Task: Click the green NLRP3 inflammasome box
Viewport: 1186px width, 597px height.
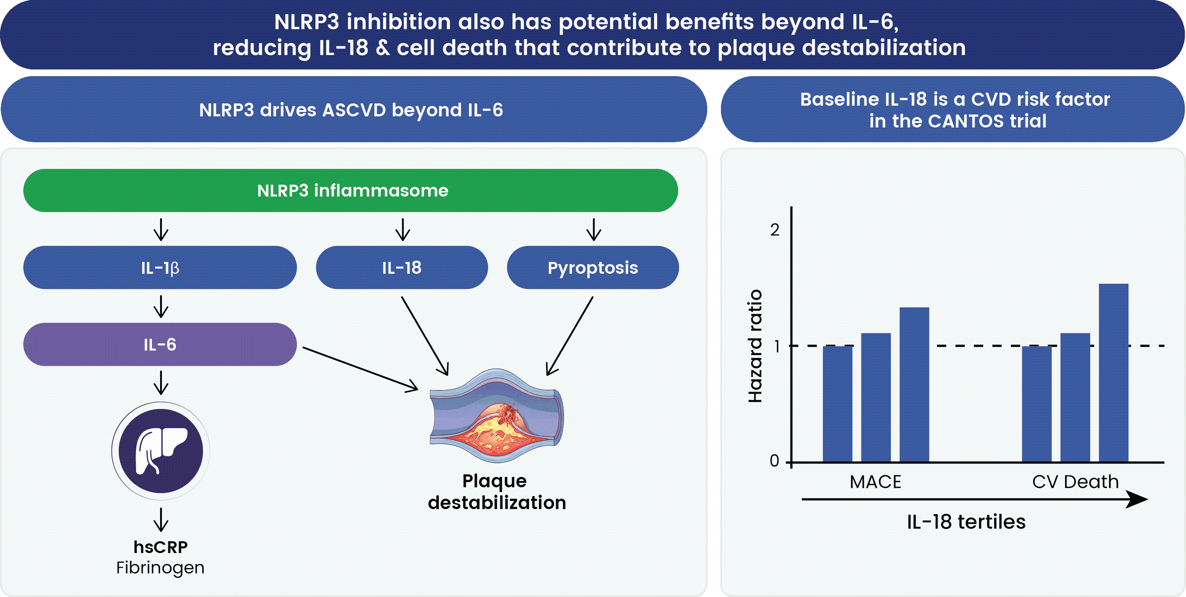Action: (350, 190)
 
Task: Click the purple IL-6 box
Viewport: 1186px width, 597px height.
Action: (160, 344)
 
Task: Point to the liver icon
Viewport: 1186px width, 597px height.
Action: (161, 451)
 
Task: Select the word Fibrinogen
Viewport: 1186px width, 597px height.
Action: (160, 567)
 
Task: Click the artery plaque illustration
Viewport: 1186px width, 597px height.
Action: (496, 416)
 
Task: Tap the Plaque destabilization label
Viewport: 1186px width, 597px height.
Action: (496, 492)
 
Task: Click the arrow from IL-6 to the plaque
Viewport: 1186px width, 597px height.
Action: (360, 369)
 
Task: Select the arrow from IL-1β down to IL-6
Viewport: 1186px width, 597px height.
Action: (161, 306)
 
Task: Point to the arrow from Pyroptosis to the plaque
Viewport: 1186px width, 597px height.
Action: (569, 336)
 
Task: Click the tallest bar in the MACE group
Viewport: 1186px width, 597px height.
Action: (914, 384)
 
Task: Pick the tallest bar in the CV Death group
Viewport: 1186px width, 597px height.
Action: (1113, 372)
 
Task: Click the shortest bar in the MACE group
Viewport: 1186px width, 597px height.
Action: (837, 403)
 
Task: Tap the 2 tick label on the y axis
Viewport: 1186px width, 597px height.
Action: (775, 230)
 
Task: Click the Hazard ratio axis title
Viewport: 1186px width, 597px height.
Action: (755, 346)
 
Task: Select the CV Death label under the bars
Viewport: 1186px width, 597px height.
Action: (1075, 482)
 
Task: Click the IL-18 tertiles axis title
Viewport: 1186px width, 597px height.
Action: (966, 522)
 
